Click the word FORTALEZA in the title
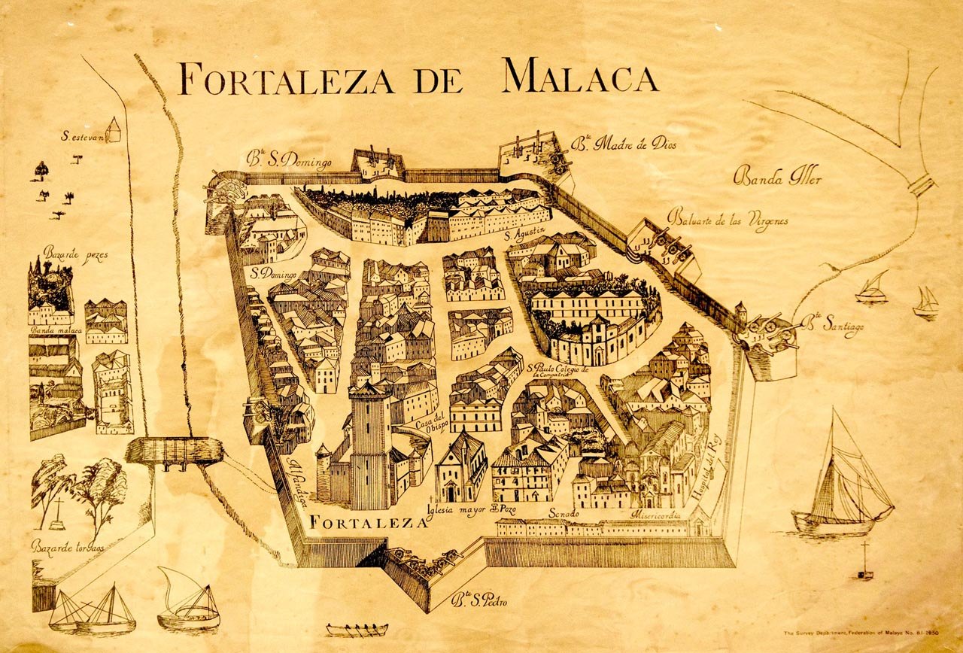[x=285, y=77]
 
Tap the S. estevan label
[x=82, y=137]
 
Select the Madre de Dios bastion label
[x=627, y=144]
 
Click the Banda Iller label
[x=777, y=178]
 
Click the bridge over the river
[x=175, y=450]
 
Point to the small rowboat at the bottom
[x=357, y=630]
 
